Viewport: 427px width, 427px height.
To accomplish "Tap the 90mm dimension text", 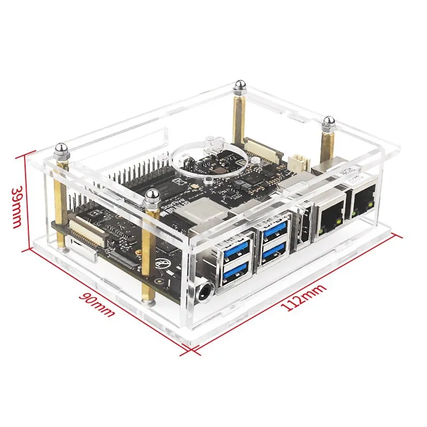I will [99, 305].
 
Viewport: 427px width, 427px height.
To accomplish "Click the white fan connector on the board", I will [298, 162].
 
